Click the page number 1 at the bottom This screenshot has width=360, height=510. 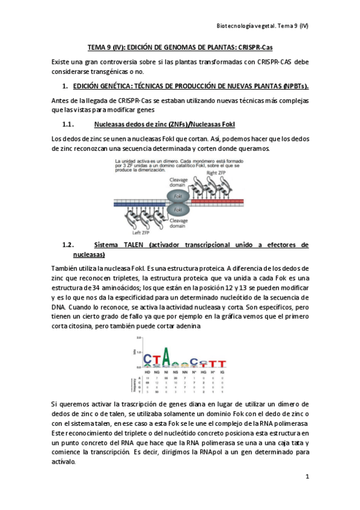[307, 477]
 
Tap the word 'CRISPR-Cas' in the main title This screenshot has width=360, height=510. [255, 48]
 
